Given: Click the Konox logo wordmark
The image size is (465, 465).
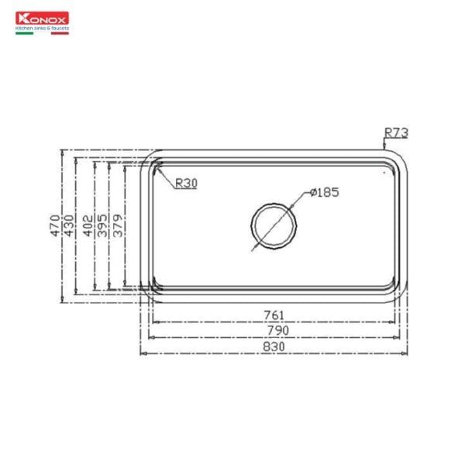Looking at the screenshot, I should [43, 17].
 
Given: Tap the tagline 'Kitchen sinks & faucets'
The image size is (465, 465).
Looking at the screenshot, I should [43, 27].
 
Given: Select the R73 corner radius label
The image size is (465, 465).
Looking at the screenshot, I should [396, 133].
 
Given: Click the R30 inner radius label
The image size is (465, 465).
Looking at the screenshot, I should [187, 183].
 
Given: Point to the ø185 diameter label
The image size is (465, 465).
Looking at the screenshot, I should [325, 191].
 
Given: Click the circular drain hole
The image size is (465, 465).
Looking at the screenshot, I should [273, 226].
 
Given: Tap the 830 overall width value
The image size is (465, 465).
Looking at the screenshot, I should [274, 347].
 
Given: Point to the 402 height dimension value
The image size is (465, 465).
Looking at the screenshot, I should [87, 224].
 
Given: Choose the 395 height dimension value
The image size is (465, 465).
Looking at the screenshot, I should [102, 224].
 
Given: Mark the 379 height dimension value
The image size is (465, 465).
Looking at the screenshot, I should [117, 224].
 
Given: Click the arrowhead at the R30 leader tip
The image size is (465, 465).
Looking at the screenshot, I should [157, 168].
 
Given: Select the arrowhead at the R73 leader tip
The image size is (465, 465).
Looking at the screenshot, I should [384, 145].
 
